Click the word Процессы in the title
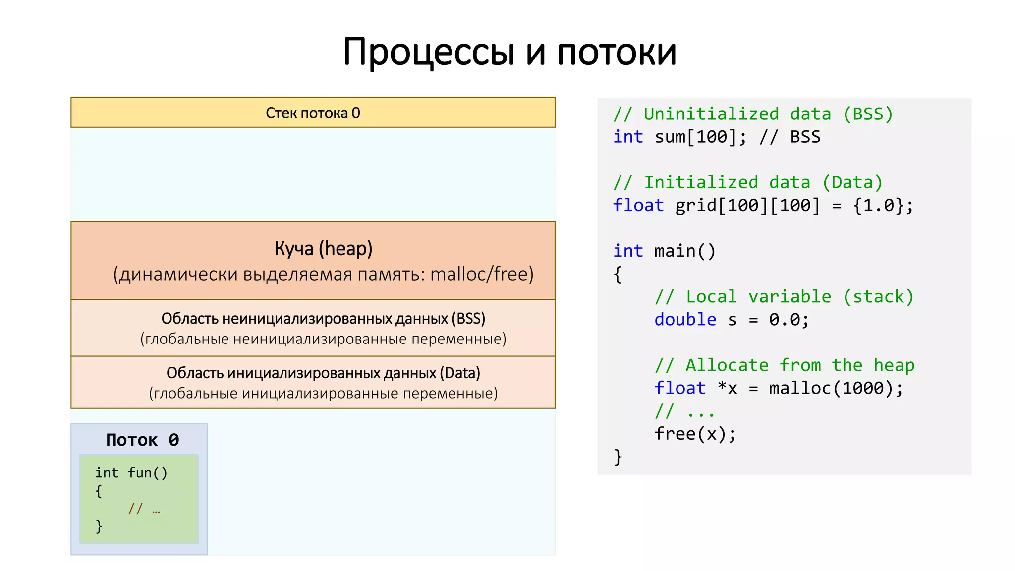(x=429, y=53)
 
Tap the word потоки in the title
(x=617, y=53)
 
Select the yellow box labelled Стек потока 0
(x=313, y=113)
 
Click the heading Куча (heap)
(x=323, y=249)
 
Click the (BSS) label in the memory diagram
(x=468, y=319)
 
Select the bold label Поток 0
(x=142, y=440)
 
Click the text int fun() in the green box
(x=131, y=473)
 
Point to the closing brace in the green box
(x=99, y=525)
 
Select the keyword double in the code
(x=685, y=320)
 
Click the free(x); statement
(x=695, y=434)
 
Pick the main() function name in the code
(x=684, y=251)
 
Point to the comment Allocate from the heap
(x=784, y=365)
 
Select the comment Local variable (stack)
(x=784, y=297)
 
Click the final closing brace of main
(x=618, y=457)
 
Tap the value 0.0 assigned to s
(x=784, y=320)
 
